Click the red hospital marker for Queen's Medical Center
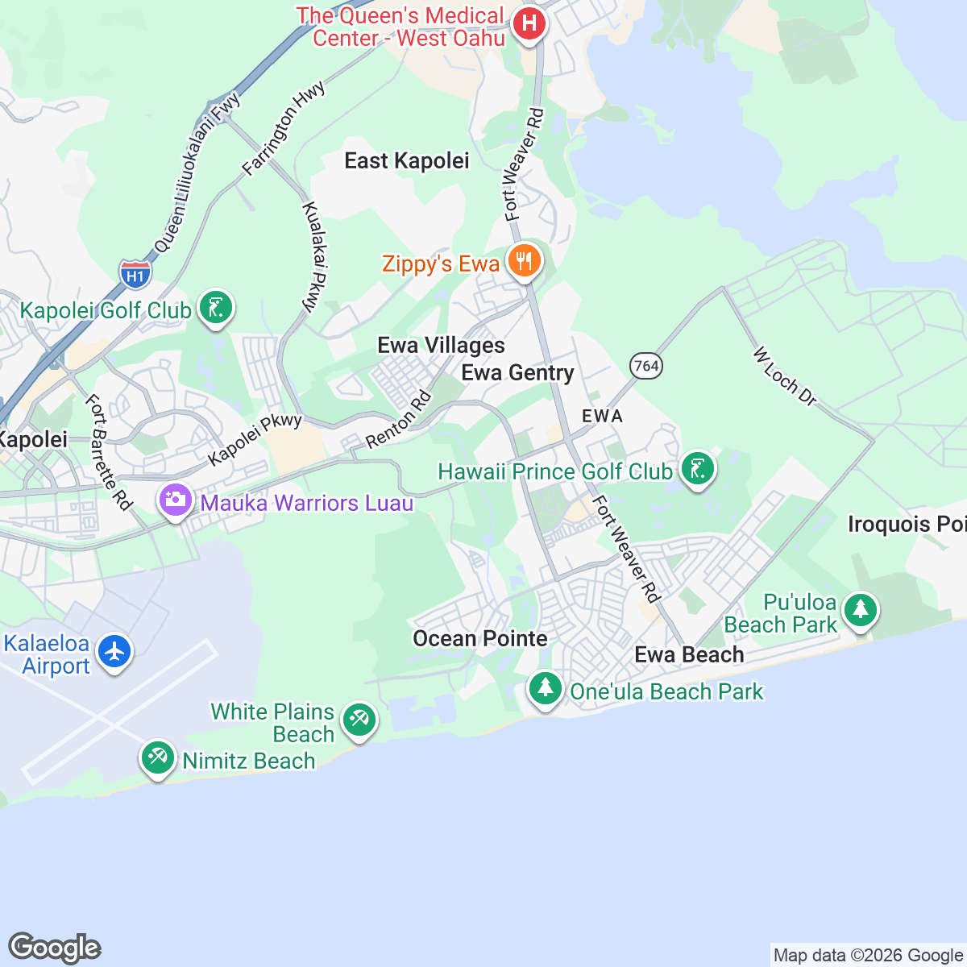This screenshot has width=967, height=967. (529, 23)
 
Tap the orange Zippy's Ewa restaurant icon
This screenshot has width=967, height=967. (524, 261)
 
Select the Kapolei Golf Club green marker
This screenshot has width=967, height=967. (215, 308)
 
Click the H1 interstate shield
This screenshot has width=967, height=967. (135, 276)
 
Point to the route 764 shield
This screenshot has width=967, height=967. (645, 366)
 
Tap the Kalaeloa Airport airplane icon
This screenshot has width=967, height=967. (114, 650)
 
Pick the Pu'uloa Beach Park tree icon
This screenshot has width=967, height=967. (861, 610)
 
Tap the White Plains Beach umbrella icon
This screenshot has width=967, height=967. (359, 719)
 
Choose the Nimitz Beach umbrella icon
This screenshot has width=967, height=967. (157, 758)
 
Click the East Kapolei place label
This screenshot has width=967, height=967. (406, 161)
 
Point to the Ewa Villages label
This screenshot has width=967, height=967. (441, 346)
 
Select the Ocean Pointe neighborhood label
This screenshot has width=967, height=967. (479, 639)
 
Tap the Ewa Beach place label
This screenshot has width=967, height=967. (689, 655)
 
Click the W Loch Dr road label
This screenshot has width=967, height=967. (785, 376)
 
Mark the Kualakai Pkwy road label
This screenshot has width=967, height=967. (314, 256)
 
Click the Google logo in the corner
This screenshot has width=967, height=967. (54, 948)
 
